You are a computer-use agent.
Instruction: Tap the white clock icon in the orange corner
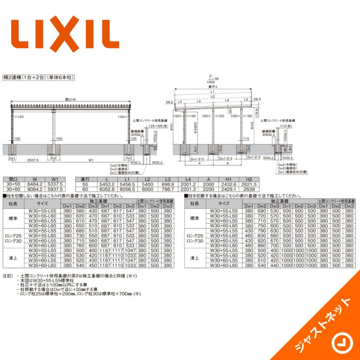click(341, 343)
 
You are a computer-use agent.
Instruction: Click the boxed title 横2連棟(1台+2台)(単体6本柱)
click(39, 77)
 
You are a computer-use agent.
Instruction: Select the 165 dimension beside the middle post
click(59, 138)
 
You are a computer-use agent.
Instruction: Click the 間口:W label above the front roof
click(71, 99)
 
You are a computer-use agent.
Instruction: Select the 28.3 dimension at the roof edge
click(256, 98)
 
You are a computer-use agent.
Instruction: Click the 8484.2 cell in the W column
click(35, 184)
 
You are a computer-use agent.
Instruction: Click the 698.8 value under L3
click(167, 184)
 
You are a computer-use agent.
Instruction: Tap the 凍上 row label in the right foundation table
click(194, 258)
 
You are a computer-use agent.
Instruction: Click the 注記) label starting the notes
click(7, 276)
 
